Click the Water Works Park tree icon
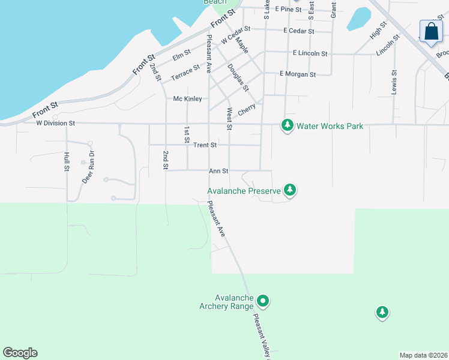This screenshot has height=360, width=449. [x=288, y=126]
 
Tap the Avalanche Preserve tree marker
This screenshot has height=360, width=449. [x=290, y=190]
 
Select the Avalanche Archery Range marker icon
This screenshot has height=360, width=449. [x=262, y=301]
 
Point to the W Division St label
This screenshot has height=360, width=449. [x=55, y=123]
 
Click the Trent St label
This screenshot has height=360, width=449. [x=205, y=145]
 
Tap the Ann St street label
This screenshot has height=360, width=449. [x=218, y=171]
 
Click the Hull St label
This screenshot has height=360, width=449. [x=67, y=161]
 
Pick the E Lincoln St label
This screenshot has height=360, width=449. [x=310, y=53]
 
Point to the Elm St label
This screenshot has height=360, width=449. [x=181, y=56]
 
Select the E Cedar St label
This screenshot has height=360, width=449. [x=299, y=31]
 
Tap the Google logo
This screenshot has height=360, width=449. [x=20, y=353]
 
